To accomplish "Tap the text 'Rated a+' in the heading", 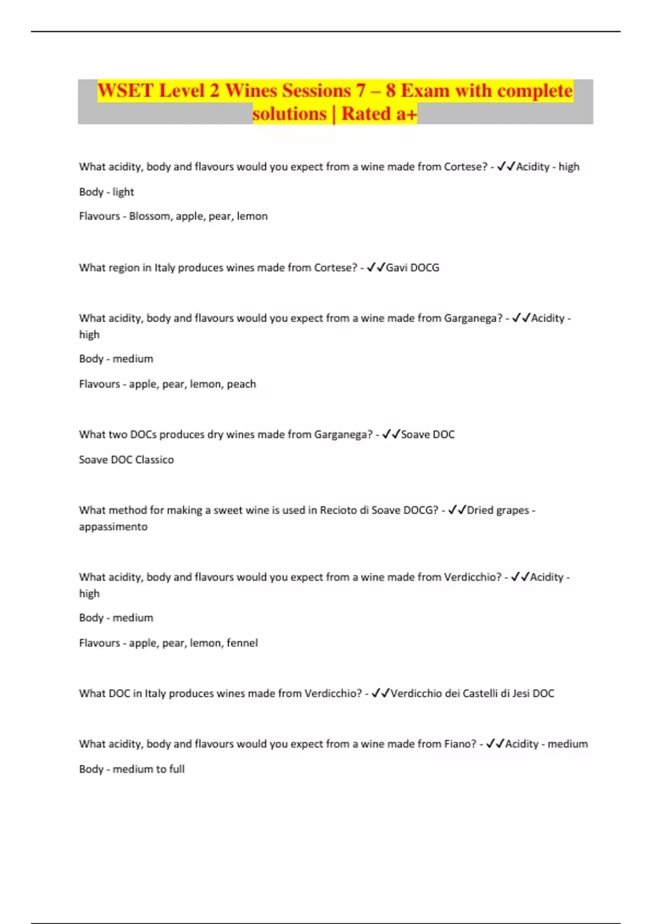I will [x=379, y=114].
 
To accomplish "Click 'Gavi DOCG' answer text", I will [x=412, y=267].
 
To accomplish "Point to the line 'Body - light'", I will [x=106, y=192].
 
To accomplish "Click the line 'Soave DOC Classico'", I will [x=126, y=460].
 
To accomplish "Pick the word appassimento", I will [x=113, y=527].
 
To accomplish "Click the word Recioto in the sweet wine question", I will [x=338, y=510].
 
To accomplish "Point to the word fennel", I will [x=242, y=643].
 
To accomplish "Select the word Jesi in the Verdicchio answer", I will [x=521, y=694].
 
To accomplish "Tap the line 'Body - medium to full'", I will [x=131, y=769].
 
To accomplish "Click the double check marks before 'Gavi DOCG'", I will [x=376, y=267].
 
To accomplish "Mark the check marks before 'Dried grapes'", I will [x=457, y=510].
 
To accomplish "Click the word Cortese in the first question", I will [x=466, y=167].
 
